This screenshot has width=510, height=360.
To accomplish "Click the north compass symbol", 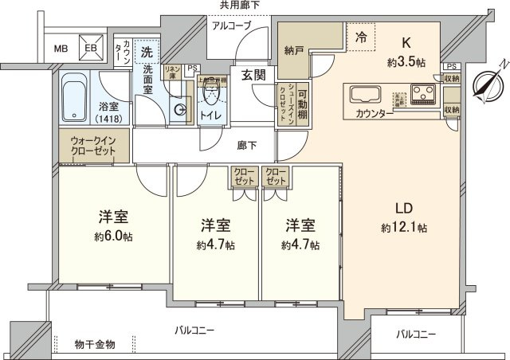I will [x=484, y=83].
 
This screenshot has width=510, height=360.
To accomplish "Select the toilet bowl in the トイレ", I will [x=211, y=96].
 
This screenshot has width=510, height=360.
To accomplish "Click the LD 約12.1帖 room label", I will [x=404, y=217].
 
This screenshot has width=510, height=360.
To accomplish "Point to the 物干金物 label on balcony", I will [x=96, y=344].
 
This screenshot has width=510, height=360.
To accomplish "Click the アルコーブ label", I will [x=231, y=26].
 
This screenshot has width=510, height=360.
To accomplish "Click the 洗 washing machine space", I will [x=147, y=52].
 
